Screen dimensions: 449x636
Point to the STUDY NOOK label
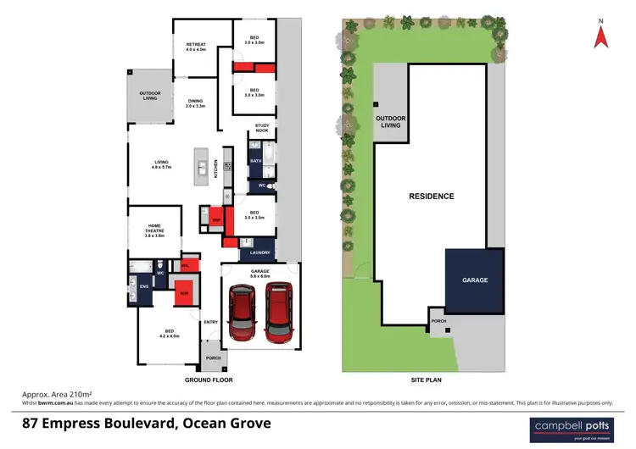point(262,129)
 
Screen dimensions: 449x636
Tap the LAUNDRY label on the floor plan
point(259,252)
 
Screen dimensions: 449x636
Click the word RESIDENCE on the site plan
point(432,196)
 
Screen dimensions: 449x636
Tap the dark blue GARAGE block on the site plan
point(475,280)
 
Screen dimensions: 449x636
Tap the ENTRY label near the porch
point(211,322)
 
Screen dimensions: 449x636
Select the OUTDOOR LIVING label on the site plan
point(389,122)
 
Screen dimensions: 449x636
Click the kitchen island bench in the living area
point(202,167)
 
